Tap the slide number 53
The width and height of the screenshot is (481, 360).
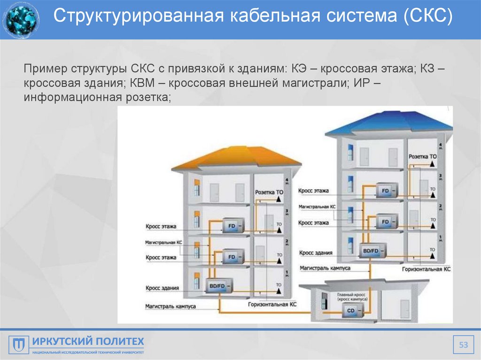464,345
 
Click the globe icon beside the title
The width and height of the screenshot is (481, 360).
21,20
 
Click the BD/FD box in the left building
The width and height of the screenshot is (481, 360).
217,286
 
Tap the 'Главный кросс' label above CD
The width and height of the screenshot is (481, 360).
351,296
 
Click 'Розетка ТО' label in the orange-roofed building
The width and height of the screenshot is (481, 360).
270,192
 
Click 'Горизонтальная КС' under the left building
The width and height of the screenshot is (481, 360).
272,305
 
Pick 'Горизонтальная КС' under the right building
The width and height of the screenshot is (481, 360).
426,270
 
